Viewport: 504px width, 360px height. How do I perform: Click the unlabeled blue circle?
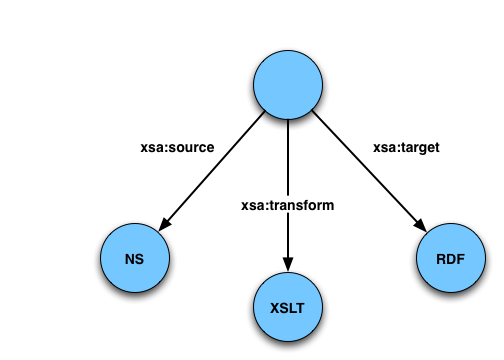click(x=288, y=85)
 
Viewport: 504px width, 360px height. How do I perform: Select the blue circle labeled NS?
click(x=135, y=258)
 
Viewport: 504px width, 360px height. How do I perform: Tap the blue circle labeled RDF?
click(x=450, y=258)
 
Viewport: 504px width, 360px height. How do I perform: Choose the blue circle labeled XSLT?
click(x=288, y=307)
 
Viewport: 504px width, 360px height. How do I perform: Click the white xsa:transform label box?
click(x=288, y=204)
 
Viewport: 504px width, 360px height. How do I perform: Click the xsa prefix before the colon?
click(x=252, y=204)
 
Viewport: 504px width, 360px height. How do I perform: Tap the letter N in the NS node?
click(x=130, y=259)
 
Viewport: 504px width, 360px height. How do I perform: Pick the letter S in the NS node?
click(x=140, y=259)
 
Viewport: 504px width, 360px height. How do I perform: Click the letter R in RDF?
click(x=441, y=259)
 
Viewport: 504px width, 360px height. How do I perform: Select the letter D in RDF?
click(x=451, y=259)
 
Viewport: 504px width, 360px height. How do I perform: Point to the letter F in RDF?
click(x=460, y=259)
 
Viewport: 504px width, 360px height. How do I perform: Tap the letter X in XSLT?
click(x=275, y=308)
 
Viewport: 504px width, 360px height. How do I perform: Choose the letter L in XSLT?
click(x=292, y=308)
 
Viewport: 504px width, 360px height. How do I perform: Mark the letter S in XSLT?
click(x=284, y=308)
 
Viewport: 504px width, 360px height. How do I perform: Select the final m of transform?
click(x=328, y=204)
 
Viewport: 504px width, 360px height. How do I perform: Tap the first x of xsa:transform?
click(x=245, y=204)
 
